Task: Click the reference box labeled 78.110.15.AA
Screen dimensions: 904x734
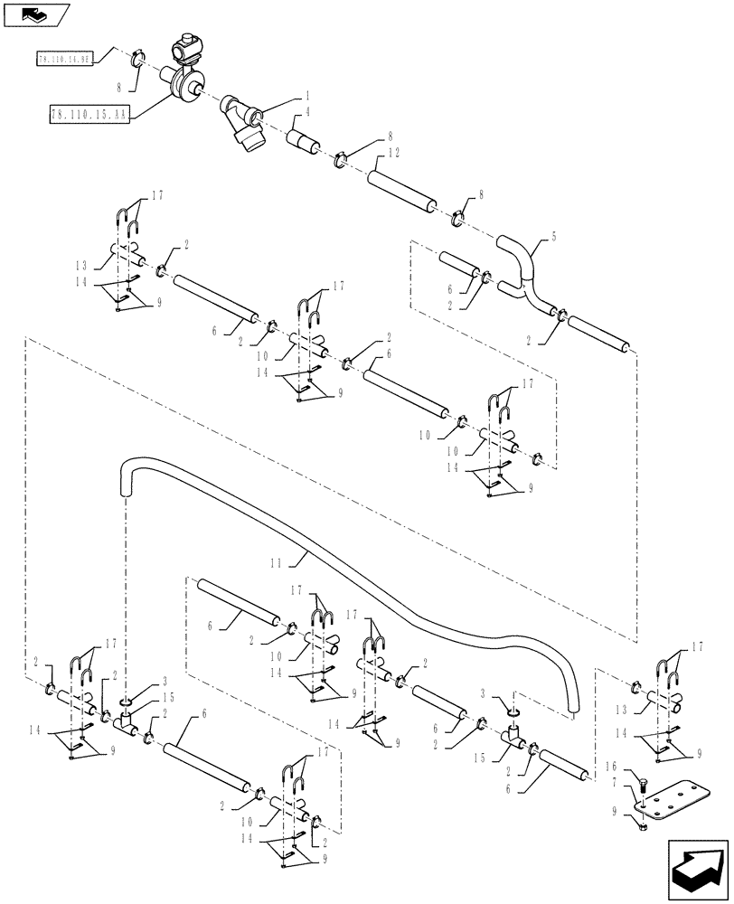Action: coord(89,115)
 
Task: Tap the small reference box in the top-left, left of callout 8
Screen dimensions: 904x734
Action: coord(64,60)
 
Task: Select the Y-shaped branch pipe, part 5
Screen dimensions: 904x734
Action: coord(522,271)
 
